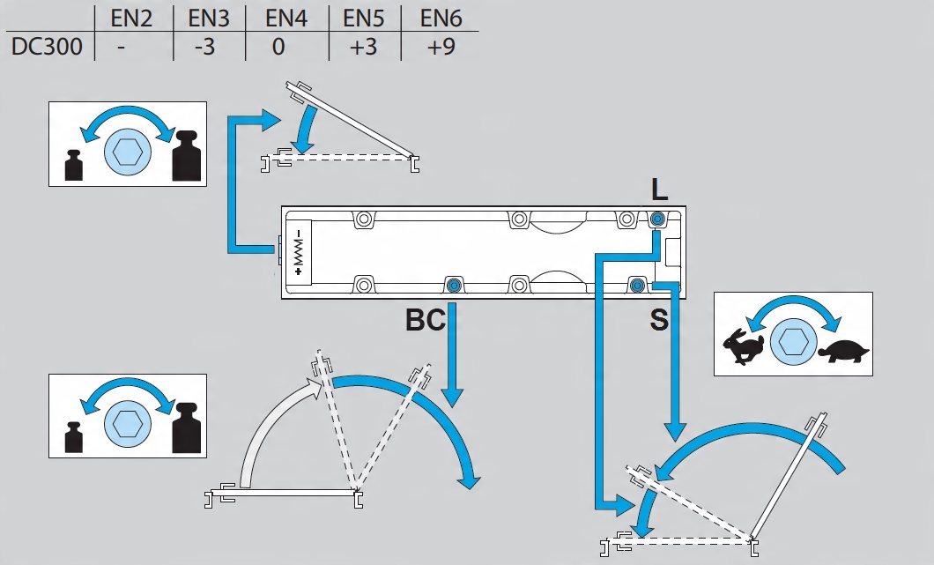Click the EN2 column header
pyautogui.click(x=132, y=18)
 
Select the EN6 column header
pyautogui.click(x=440, y=18)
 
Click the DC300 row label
pyautogui.click(x=47, y=47)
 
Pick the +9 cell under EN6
pyautogui.click(x=440, y=47)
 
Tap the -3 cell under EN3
pyautogui.click(x=204, y=47)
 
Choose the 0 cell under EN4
pyautogui.click(x=278, y=47)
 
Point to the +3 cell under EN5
pyautogui.click(x=363, y=47)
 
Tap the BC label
pyautogui.click(x=425, y=320)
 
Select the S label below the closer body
pyautogui.click(x=659, y=320)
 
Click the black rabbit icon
pyautogui.click(x=743, y=346)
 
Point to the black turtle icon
pyautogui.click(x=843, y=352)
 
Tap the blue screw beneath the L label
pyautogui.click(x=657, y=219)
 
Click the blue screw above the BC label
pyautogui.click(x=454, y=285)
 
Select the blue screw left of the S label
pyautogui.click(x=636, y=284)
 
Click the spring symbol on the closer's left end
pyautogui.click(x=298, y=252)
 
